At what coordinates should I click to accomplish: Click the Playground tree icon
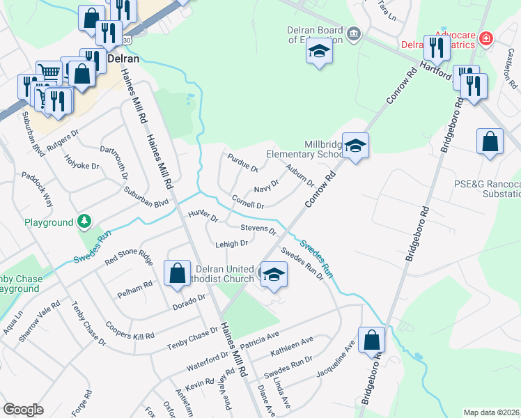(84, 222)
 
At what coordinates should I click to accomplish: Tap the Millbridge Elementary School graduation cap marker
(355, 146)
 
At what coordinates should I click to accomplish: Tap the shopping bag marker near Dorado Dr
(177, 272)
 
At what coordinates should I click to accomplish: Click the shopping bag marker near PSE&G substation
(490, 141)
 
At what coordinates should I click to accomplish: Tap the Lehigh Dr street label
(232, 244)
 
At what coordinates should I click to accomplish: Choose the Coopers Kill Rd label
(129, 330)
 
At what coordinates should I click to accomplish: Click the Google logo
(23, 410)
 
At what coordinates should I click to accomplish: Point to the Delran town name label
(124, 59)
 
